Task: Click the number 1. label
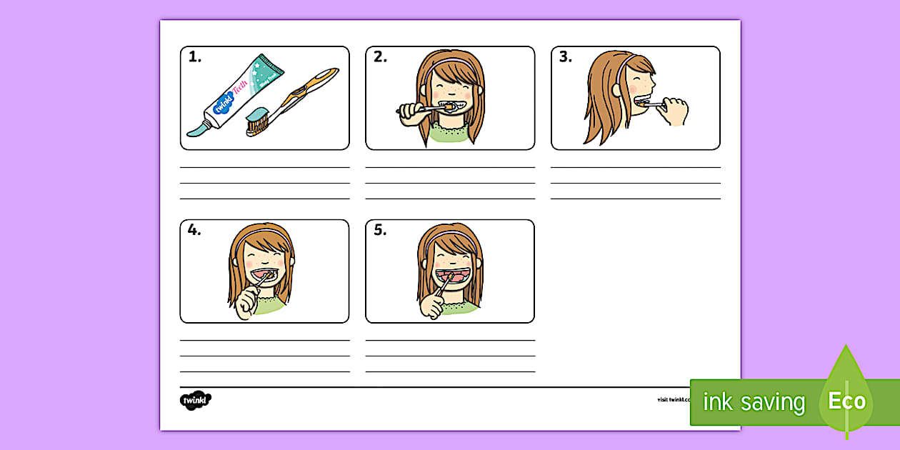tap(195, 58)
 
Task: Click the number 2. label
tap(380, 58)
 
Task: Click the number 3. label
tap(566, 58)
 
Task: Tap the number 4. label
tap(195, 231)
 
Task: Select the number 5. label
tap(380, 231)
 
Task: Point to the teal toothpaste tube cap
tap(196, 129)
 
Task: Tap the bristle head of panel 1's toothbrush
tap(257, 123)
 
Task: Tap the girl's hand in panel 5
tap(432, 306)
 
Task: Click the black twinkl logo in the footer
tap(195, 400)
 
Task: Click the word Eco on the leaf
tap(847, 401)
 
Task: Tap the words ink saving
tap(754, 403)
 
